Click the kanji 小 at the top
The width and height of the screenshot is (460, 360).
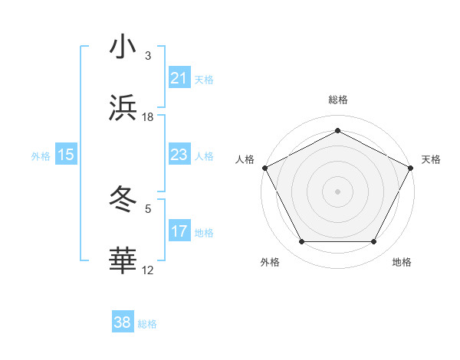pos(123,47)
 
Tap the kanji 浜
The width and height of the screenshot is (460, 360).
pos(123,109)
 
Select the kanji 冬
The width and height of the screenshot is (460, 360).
pos(123,199)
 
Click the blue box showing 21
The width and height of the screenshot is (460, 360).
pos(179,78)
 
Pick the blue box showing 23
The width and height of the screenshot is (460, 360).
pos(179,155)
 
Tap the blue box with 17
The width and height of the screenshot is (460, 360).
pos(179,231)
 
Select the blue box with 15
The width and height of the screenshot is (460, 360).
pos(66,155)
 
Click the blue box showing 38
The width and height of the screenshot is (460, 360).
pos(123,323)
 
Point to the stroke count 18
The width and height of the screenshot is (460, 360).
pos(148,117)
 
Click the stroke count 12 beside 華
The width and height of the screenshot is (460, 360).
pos(148,270)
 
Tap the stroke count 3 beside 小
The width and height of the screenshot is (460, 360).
pos(148,55)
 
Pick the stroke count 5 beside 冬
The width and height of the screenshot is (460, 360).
pos(148,208)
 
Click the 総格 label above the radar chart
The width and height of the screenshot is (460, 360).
pos(337,100)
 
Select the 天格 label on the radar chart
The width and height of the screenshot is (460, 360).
pos(431,159)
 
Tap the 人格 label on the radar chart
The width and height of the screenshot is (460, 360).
pos(245,159)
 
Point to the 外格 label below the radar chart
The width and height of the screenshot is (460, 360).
pos(270,262)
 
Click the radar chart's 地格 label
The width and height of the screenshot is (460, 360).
pos(402,262)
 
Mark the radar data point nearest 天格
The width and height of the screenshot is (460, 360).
pos(412,167)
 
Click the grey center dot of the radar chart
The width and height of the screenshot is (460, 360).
pos(337,191)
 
